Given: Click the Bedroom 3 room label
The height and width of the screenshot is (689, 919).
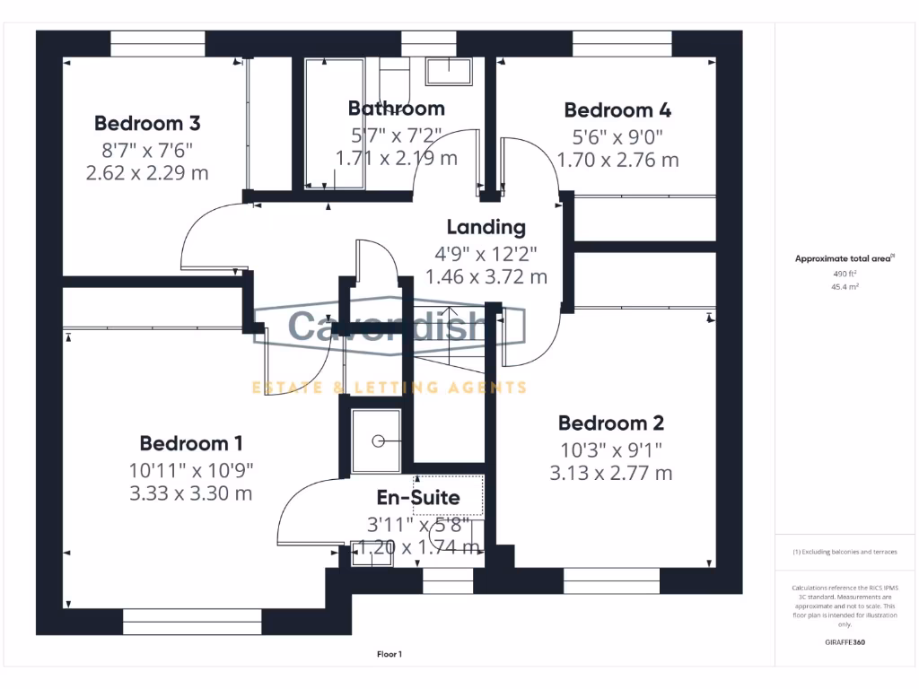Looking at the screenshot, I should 147,123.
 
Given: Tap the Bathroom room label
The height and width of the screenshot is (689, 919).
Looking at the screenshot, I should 396,109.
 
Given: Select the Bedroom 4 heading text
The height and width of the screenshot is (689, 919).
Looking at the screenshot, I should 617,110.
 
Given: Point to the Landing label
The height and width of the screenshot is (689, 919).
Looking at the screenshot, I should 486,227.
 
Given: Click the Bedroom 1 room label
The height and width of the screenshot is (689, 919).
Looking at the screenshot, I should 191,443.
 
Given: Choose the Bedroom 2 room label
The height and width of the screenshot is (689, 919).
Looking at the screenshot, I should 611,423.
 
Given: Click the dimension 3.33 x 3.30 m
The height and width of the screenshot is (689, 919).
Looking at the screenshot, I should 191,493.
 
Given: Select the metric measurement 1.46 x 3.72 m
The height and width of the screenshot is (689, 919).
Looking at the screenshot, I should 486,277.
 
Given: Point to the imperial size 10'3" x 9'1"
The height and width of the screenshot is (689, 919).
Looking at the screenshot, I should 611,449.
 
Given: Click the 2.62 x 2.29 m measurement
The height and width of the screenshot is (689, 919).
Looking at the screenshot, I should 147,173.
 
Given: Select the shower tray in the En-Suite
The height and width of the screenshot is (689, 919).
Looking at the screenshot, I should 376,440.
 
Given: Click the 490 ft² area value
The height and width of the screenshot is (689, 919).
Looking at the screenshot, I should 846,274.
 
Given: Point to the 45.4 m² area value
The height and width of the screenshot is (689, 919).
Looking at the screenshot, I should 846,287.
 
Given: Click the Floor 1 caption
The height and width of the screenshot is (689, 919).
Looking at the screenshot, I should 389,654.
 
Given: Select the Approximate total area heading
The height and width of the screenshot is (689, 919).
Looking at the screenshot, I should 845,258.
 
